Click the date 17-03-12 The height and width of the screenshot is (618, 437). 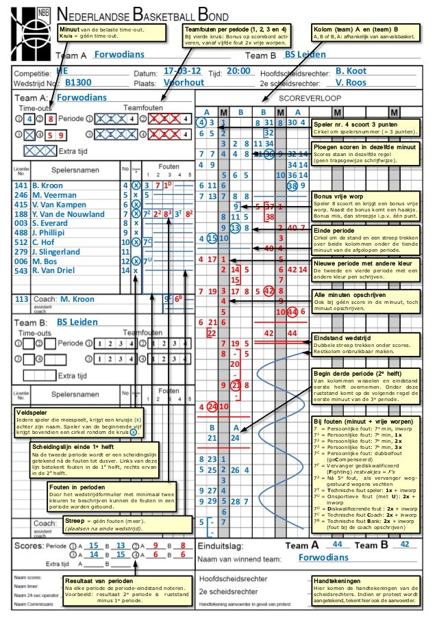coord(183,71)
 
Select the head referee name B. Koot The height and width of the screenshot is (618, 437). coord(351,71)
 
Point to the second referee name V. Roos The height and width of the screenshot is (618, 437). coord(351,83)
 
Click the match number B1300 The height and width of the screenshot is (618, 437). coord(78,83)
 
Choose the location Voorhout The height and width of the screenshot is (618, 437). coord(185,83)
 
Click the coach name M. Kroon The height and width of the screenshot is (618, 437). coord(77,299)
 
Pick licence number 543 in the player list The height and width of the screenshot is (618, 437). coord(21,271)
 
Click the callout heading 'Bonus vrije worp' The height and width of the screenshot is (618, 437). coord(335,196)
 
